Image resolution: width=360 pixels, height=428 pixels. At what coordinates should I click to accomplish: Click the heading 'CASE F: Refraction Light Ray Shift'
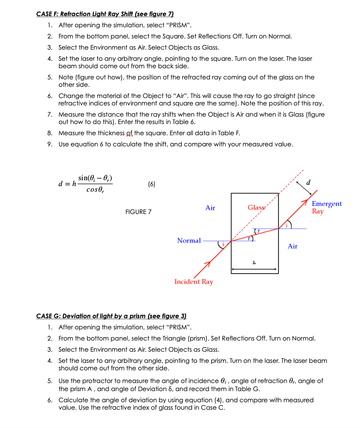(x=105, y=14)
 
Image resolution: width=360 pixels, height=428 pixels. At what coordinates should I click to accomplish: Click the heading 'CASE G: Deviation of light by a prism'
(x=111, y=316)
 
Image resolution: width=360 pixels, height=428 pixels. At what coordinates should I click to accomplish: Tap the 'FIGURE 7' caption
(x=138, y=212)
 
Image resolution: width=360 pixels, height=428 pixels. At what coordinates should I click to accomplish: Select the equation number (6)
(x=151, y=184)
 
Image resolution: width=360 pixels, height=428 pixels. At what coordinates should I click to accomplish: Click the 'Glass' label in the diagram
(x=256, y=207)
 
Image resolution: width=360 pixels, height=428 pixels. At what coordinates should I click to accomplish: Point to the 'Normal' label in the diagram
(x=189, y=241)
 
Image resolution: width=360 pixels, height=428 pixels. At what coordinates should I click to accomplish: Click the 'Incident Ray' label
(x=194, y=282)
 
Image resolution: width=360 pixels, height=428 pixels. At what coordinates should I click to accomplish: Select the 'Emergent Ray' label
(x=326, y=207)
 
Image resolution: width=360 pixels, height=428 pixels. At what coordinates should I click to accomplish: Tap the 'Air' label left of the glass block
(x=210, y=208)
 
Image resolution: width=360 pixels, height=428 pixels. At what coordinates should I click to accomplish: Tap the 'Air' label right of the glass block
(x=292, y=246)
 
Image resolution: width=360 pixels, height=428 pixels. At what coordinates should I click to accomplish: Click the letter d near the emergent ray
(x=308, y=182)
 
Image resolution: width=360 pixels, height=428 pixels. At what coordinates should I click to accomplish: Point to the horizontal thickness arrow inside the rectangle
(x=254, y=269)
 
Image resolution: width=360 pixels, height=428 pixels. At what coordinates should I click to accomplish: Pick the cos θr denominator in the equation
(x=95, y=190)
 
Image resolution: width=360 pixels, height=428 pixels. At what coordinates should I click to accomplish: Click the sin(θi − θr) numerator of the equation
(x=95, y=178)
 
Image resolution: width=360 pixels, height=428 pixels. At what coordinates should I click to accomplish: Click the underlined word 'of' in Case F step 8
(x=129, y=133)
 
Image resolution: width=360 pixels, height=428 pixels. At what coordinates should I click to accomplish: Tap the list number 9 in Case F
(x=50, y=144)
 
